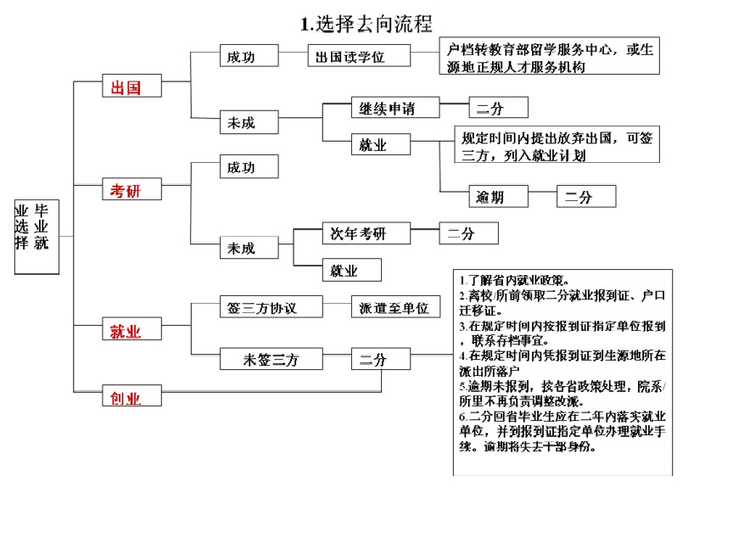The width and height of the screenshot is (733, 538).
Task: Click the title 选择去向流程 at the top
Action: tap(366, 24)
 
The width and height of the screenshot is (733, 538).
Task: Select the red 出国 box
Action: tap(130, 87)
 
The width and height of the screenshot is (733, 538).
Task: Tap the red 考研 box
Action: tap(130, 191)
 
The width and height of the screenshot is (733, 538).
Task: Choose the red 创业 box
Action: tap(130, 397)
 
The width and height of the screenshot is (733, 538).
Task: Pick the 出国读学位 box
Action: tap(359, 57)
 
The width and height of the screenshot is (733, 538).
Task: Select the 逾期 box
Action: tap(498, 197)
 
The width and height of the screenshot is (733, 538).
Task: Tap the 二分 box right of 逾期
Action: tap(585, 197)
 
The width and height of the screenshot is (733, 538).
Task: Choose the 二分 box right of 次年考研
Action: tap(468, 233)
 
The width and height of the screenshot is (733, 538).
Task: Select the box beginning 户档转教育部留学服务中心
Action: tap(548, 57)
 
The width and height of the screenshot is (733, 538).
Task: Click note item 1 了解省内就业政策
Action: tap(519, 279)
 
